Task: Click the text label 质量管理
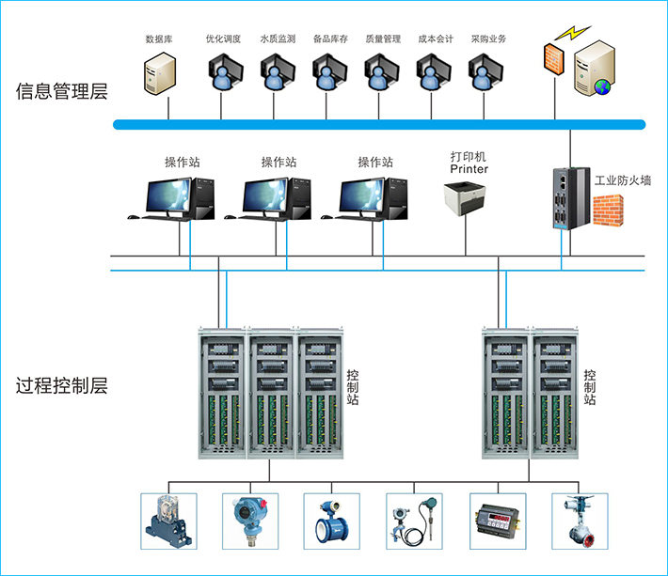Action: click(382, 39)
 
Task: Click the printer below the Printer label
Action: click(468, 199)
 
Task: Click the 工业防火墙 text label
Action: click(623, 179)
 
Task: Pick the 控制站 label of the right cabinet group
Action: click(589, 386)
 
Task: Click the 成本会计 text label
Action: click(436, 39)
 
